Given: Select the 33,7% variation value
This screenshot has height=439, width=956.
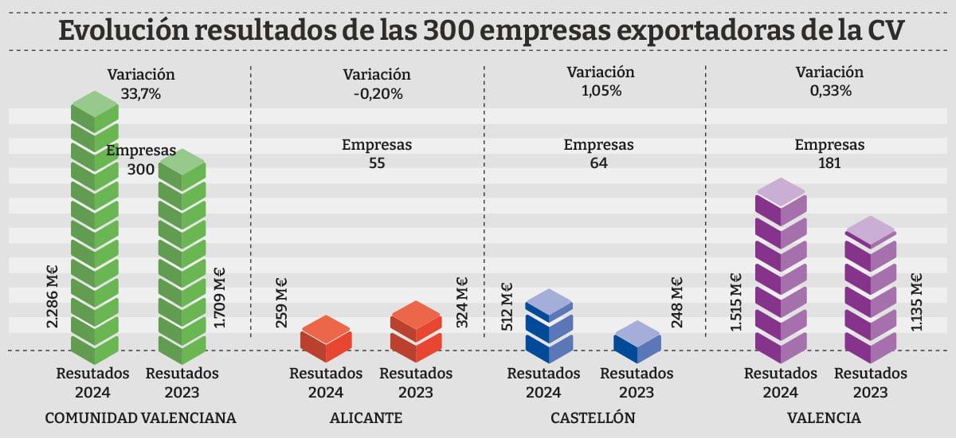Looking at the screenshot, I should [x=141, y=93].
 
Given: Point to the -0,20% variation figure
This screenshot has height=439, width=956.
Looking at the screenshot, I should [x=376, y=93].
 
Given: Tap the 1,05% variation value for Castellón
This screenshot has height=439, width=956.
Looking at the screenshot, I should [x=601, y=90].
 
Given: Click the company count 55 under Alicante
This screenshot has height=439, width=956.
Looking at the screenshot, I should [x=376, y=163].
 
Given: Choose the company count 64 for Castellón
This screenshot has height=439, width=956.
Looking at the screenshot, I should [x=598, y=163].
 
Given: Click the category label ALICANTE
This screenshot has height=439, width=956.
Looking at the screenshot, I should [x=366, y=417].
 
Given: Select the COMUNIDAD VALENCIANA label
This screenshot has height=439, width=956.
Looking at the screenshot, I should [x=141, y=417].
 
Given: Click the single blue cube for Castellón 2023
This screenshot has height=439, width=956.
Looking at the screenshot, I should [x=637, y=341].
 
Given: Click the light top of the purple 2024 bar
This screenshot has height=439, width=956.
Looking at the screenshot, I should [x=781, y=190].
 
